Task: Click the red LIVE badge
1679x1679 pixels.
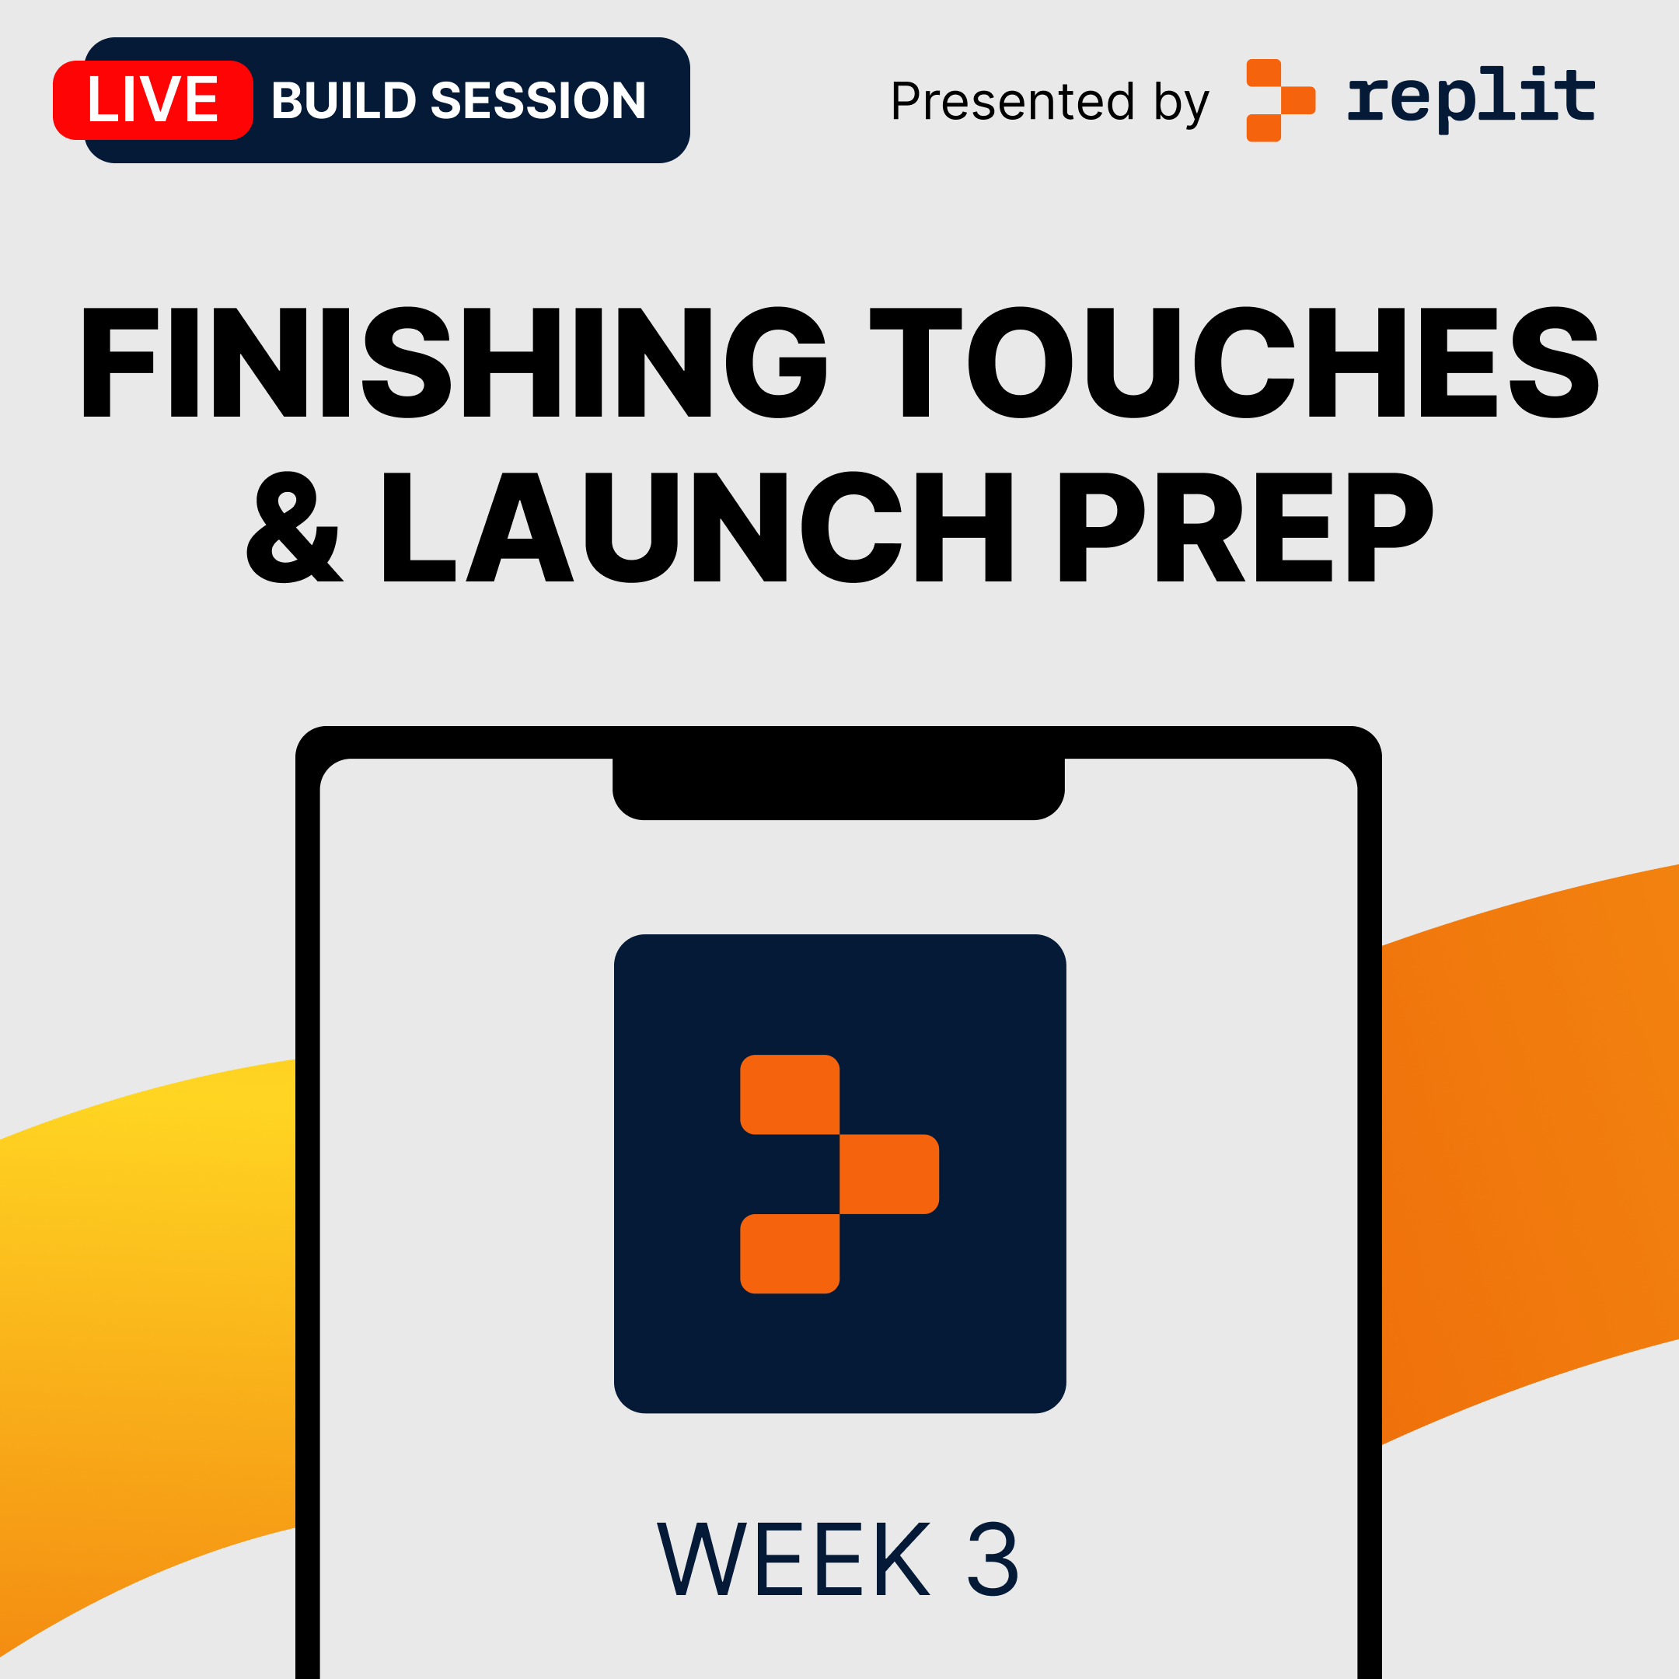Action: click(x=153, y=100)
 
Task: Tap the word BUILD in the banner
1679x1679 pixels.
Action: click(x=344, y=101)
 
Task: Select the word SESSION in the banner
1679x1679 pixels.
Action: click(x=539, y=101)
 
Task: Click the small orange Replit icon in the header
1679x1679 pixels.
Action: click(x=1281, y=100)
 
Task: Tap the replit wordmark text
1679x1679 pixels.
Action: click(x=1471, y=98)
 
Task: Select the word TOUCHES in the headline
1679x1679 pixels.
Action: click(x=1235, y=362)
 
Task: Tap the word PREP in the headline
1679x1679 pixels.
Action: click(x=1246, y=528)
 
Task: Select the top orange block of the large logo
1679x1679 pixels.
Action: click(x=789, y=1094)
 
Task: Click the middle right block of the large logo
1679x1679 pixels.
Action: click(x=889, y=1174)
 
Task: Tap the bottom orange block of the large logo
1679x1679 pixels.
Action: click(x=789, y=1254)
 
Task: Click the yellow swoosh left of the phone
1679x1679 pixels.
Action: click(x=148, y=1304)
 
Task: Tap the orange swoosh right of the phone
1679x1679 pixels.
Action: click(x=1530, y=1156)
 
